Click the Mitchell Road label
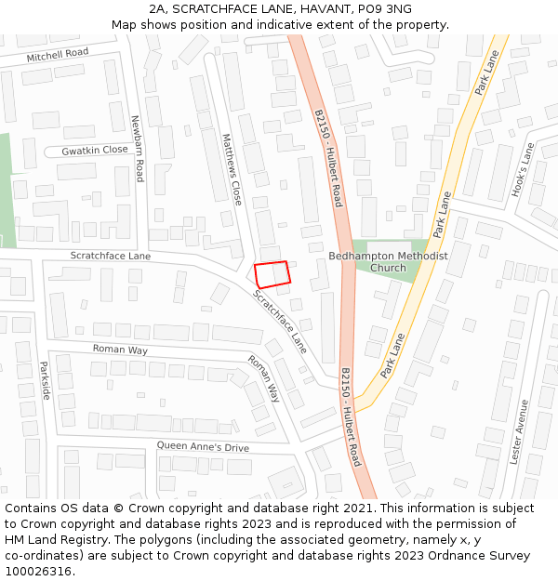[58, 55]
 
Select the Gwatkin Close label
[95, 150]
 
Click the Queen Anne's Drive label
[203, 447]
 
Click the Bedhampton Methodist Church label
[388, 261]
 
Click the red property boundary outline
[272, 273]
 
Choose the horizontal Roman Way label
[120, 350]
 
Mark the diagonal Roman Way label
[263, 377]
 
